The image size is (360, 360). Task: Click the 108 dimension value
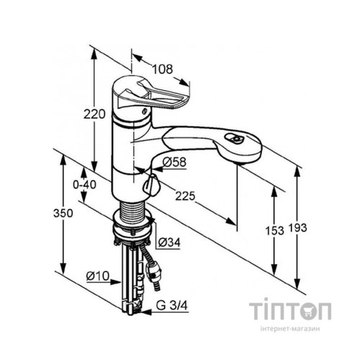[163, 69]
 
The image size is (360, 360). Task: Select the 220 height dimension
[94, 114]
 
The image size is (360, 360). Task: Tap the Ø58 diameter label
[174, 162]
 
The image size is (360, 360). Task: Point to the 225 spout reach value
[185, 197]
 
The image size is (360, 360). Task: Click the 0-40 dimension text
[84, 184]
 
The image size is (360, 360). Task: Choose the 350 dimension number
[63, 213]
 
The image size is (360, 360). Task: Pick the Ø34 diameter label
[169, 243]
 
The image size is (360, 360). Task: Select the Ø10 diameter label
[98, 276]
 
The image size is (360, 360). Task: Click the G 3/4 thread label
[171, 306]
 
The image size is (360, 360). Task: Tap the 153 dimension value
[274, 231]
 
